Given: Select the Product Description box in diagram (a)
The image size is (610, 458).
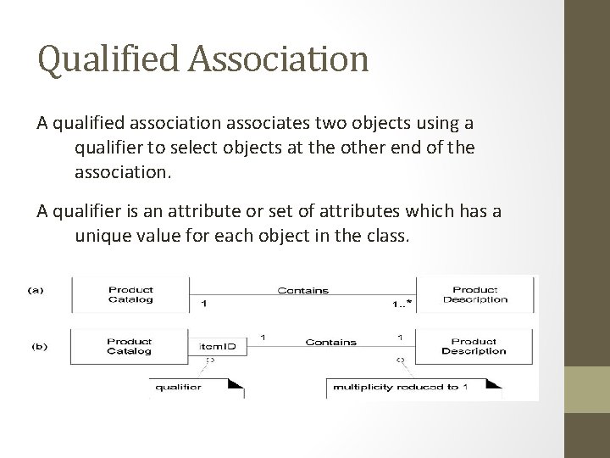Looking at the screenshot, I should coord(474,293).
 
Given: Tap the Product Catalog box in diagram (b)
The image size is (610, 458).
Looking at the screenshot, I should coord(130,345).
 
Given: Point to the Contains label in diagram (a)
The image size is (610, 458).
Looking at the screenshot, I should coord(303,290).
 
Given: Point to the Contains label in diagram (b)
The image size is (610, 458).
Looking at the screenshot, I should coord(330,343).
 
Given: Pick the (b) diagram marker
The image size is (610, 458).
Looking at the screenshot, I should coord(40,346).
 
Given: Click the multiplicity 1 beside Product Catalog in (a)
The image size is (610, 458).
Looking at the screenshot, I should coord(202,303).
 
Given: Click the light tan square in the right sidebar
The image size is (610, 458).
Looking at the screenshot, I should coord(587,389).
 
